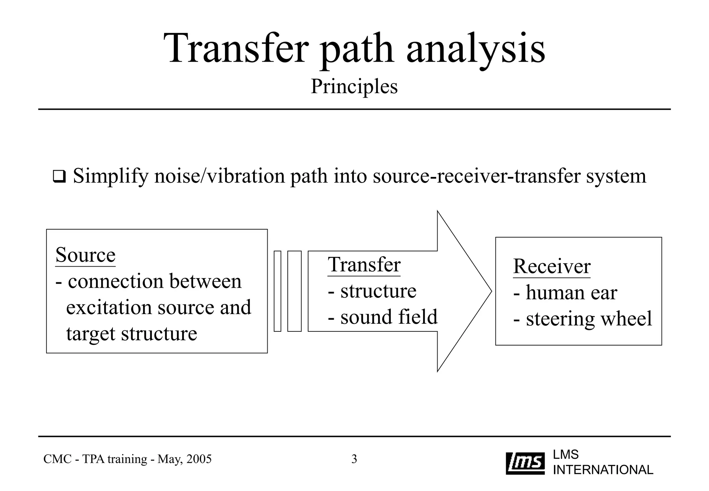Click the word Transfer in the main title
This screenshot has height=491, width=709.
point(236,48)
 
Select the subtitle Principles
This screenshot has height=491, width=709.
point(354,86)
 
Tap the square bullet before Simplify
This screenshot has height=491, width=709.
point(59,177)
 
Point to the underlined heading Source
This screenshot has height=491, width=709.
point(85,255)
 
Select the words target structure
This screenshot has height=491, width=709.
point(132,334)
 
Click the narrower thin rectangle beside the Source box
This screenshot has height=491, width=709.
point(277,291)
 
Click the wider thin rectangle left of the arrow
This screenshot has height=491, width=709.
point(294,291)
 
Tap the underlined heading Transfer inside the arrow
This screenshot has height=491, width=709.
point(364,265)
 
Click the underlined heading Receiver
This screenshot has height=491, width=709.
point(551,267)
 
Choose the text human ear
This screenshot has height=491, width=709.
point(571,293)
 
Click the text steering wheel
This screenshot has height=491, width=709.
point(589,319)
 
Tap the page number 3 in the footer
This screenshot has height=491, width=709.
point(354,459)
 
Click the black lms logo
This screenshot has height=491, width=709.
point(525,463)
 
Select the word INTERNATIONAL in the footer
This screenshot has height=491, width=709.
point(603,470)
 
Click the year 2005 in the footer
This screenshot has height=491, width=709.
point(199,459)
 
